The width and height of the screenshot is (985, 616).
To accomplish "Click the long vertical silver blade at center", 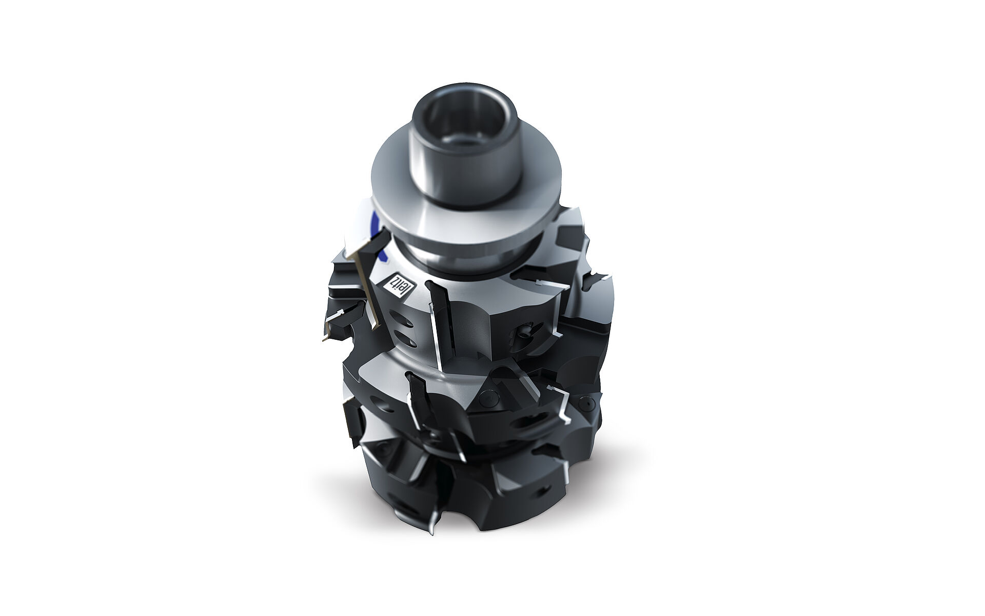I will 436,329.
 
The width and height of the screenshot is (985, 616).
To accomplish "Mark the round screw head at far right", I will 586,403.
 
